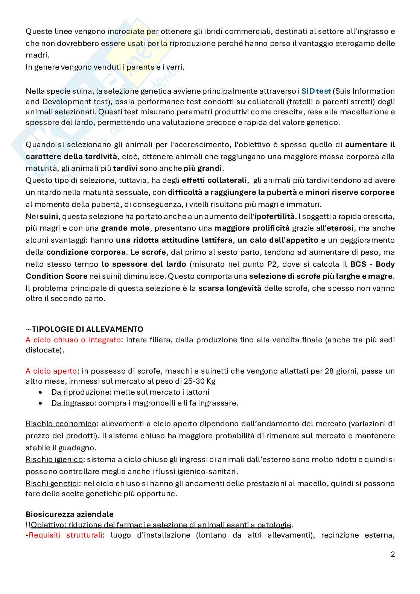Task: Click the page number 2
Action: coord(393,554)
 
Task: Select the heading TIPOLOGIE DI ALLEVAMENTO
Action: coord(87,329)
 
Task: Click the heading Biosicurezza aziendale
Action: coord(70,514)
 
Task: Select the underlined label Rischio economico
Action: coord(61,424)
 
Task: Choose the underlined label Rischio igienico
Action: coord(54,459)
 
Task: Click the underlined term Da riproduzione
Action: coord(80,392)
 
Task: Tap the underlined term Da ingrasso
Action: coord(73,403)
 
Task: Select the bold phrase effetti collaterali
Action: coord(215,180)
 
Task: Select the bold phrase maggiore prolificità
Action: coord(252,228)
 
